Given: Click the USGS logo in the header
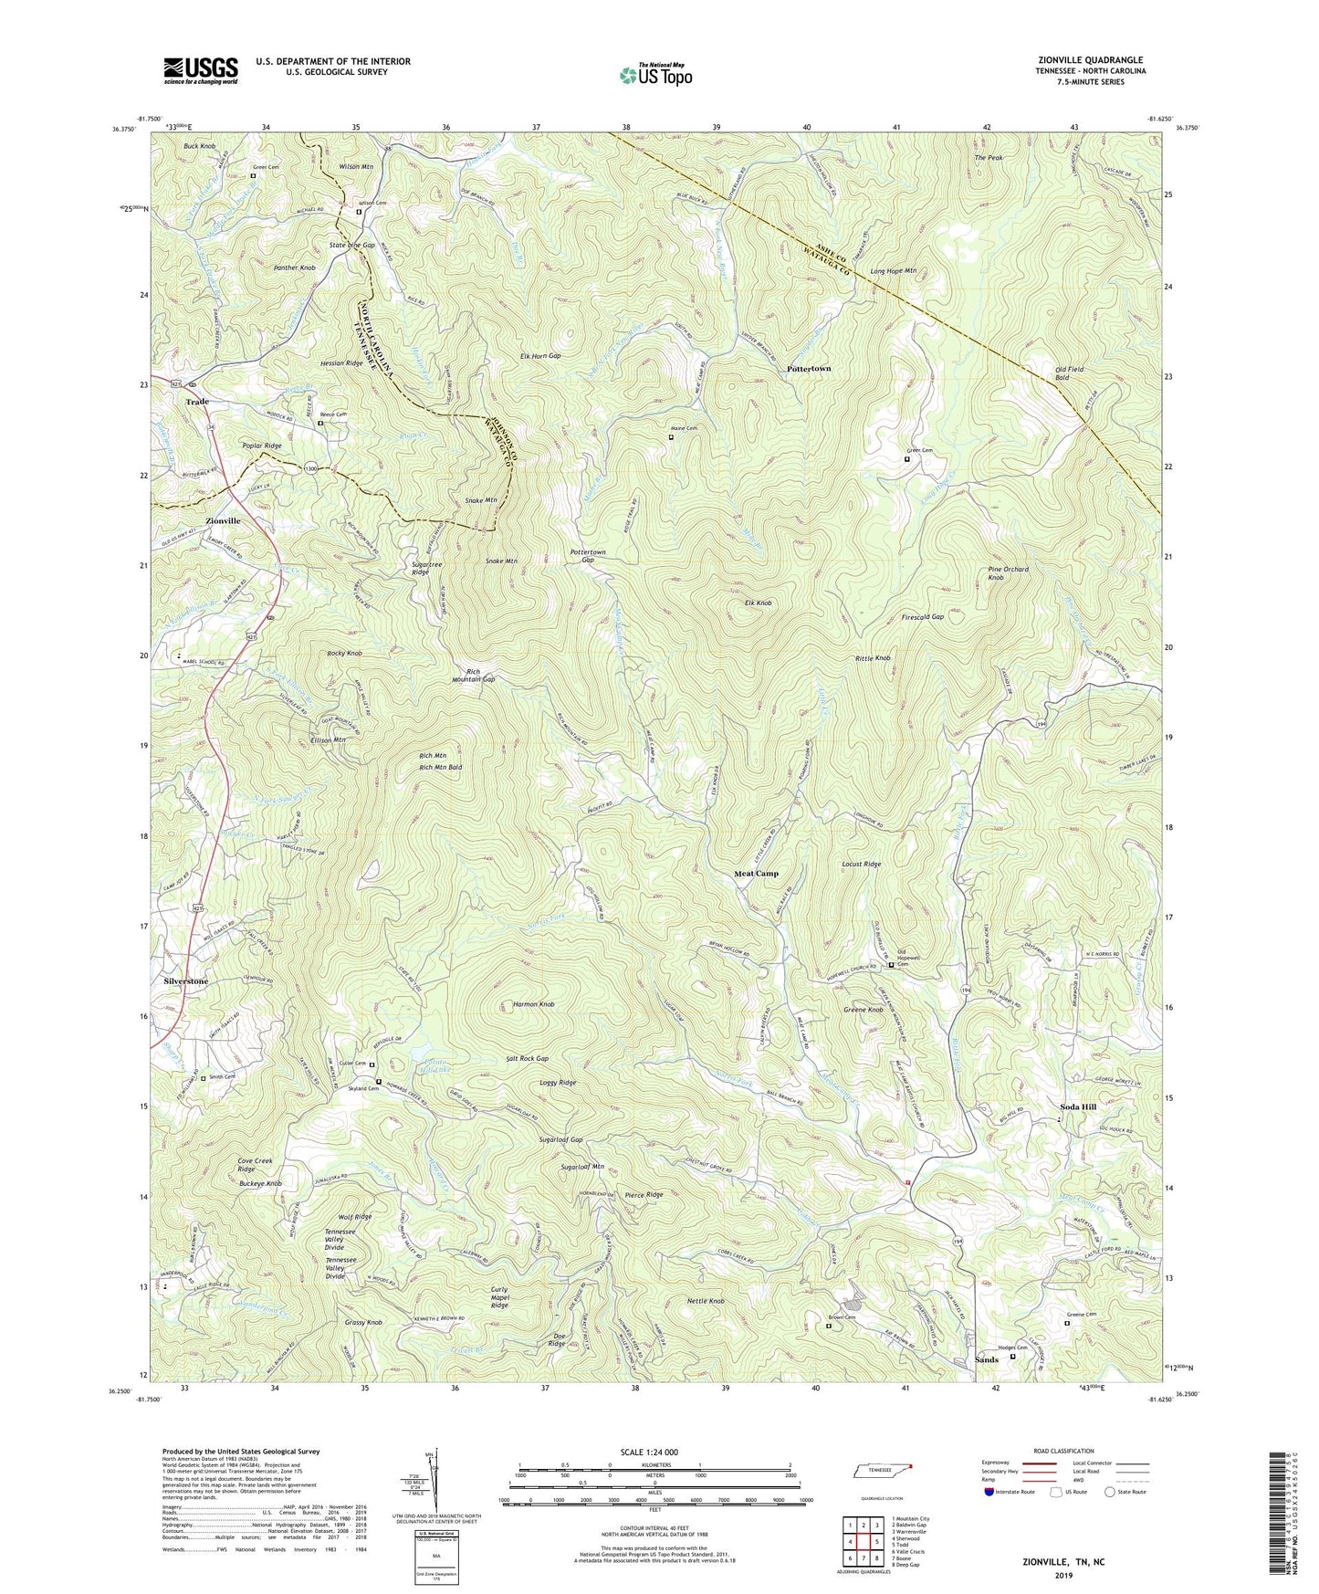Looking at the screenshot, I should point(201,69).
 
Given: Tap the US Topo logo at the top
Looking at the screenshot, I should point(654,76).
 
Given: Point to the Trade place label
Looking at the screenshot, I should point(197,402).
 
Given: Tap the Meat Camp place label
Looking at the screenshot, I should point(757,874).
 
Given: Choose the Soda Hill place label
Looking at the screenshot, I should point(1077,1106).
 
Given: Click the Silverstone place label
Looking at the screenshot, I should point(186,981).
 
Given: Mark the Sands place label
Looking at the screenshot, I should point(986,1359).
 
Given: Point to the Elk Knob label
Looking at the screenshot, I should point(759,603).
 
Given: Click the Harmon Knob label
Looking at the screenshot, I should point(533,1004).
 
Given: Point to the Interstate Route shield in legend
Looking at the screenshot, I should point(991,1492).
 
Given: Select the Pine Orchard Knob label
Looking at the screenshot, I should point(1008,573).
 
